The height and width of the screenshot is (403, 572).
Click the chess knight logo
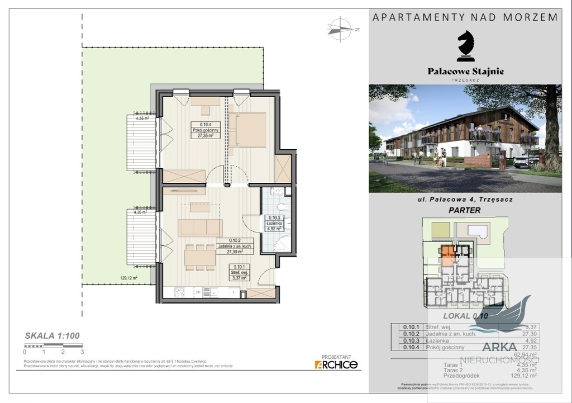tap(465, 46)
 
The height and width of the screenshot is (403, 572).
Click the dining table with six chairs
tap(200, 257)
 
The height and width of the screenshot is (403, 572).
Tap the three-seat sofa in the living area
tap(200, 227)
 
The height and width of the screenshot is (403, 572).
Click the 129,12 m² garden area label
tap(128, 277)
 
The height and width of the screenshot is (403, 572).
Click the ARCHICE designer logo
tap(336, 364)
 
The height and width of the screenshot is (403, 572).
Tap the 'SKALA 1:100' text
tap(52, 336)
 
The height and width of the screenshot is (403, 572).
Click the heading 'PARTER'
tap(465, 211)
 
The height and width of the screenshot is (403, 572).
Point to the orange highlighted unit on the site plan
tap(448, 255)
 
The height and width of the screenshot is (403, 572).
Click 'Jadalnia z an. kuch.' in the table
tap(450, 334)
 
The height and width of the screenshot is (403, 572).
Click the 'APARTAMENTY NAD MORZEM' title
tap(465, 17)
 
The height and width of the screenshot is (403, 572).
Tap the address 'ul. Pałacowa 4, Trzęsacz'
tap(465, 199)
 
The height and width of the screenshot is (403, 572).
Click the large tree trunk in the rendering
tap(553, 140)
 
